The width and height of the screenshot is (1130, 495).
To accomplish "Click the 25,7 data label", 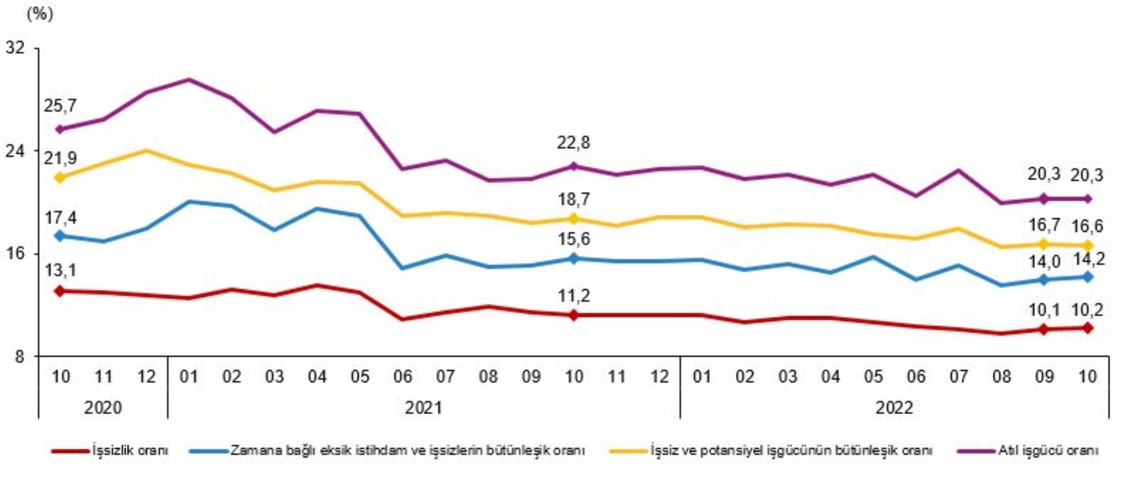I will click(x=60, y=106).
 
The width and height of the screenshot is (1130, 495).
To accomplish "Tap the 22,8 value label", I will click(x=573, y=143).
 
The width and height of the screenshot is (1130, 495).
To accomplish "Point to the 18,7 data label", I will click(x=573, y=199).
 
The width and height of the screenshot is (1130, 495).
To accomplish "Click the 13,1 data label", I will click(x=60, y=271).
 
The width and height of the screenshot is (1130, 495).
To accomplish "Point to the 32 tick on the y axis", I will click(x=15, y=48).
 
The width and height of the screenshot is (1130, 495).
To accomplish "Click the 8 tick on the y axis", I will click(x=19, y=356).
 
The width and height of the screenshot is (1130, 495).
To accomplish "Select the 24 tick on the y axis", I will click(x=15, y=151).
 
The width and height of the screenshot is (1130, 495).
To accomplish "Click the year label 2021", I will click(x=423, y=408).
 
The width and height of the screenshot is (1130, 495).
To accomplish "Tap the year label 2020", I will click(x=103, y=408).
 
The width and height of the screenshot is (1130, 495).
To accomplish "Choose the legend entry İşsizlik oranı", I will click(x=130, y=450).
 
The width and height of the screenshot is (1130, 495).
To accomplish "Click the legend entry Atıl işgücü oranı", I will click(x=1047, y=450).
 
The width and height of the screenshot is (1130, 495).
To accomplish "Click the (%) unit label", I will click(x=40, y=14).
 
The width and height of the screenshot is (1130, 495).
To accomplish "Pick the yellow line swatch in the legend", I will click(x=628, y=451).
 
